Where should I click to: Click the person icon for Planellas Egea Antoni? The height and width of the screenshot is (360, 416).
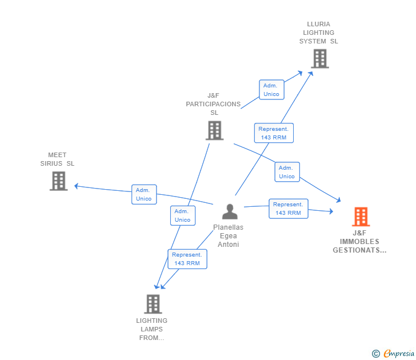point(230,212)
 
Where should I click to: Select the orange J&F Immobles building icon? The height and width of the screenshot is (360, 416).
point(361,217)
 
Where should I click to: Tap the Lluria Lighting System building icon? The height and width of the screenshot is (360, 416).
point(320,58)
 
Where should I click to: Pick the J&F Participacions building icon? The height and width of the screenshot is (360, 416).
point(214,130)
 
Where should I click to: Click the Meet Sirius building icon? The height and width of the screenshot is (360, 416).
point(58,181)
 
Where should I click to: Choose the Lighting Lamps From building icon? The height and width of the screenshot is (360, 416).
point(153,304)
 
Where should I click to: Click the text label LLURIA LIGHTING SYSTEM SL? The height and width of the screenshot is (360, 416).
point(319,33)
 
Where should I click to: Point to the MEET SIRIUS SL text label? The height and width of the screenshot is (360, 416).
point(57,159)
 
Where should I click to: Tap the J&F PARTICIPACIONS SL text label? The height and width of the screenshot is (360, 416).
point(213,104)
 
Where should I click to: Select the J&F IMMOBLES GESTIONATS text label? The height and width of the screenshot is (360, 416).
point(359,242)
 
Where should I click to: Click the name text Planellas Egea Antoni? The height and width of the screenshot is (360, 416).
point(229,236)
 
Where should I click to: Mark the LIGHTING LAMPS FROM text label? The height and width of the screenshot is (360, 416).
point(151,329)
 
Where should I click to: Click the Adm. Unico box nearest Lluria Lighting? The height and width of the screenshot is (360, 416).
point(271,90)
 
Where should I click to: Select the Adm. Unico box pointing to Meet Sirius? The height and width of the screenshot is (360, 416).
point(144,194)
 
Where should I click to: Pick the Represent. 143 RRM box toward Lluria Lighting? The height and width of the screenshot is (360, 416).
point(274,133)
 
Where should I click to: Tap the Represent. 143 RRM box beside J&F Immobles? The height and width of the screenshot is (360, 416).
point(288,209)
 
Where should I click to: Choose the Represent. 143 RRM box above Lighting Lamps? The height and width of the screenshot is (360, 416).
point(187,259)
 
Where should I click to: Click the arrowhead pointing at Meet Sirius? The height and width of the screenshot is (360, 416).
point(77,186)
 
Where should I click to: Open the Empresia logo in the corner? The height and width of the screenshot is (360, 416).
point(399,354)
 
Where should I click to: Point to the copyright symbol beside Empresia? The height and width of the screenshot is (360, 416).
point(376,354)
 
